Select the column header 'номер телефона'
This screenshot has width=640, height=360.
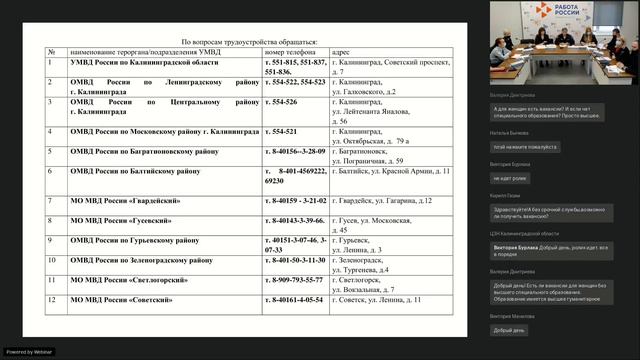pyautogui.click(x=295, y=52)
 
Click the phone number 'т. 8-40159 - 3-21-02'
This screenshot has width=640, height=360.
pyautogui.click(x=297, y=201)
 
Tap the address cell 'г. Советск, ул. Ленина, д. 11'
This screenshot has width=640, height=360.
pyautogui.click(x=376, y=299)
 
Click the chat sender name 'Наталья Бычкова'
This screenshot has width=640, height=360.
pyautogui.click(x=511, y=132)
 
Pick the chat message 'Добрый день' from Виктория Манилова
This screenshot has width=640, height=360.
pyautogui.click(x=509, y=330)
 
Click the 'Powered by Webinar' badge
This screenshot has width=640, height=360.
pyautogui.click(x=29, y=352)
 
